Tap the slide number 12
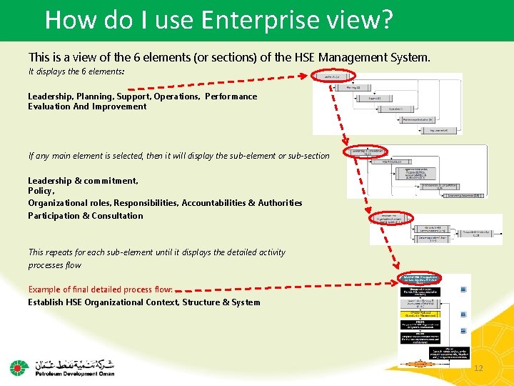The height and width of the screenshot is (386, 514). [x=478, y=367]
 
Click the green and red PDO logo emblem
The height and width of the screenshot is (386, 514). [x=19, y=367]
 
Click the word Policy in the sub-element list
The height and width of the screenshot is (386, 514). [x=41, y=192]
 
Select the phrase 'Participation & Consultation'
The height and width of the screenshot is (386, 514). [x=86, y=216]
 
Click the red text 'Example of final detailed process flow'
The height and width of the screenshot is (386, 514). [x=100, y=289]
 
